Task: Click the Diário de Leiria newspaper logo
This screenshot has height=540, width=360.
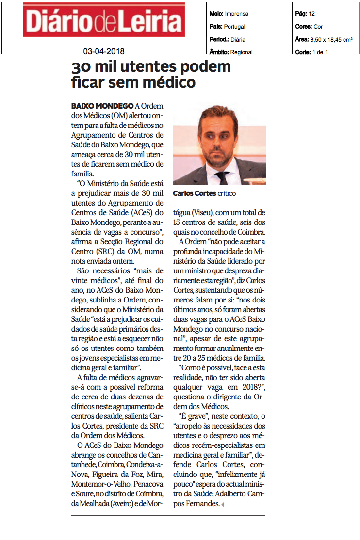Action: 104,20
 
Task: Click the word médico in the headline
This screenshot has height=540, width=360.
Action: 166,82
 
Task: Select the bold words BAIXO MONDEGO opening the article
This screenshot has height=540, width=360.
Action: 102,106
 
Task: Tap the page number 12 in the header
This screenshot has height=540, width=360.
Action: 312,14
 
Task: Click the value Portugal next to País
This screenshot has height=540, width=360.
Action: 235,27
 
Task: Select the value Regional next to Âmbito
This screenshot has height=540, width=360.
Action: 242,52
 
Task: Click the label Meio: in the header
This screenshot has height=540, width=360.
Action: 216,14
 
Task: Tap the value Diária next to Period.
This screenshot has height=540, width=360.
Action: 238,40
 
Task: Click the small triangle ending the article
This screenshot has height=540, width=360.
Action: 223,505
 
